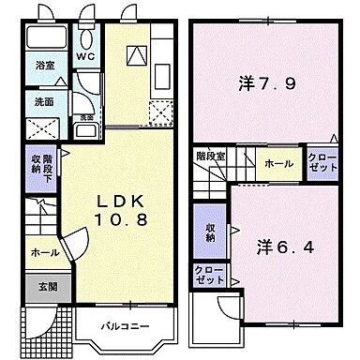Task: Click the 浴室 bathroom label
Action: [45, 67]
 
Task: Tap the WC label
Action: [86, 57]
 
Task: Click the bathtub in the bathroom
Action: [45, 39]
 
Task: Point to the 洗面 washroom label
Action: [45, 101]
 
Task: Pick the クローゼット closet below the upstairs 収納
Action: [209, 275]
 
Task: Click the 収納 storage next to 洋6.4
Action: [209, 232]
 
